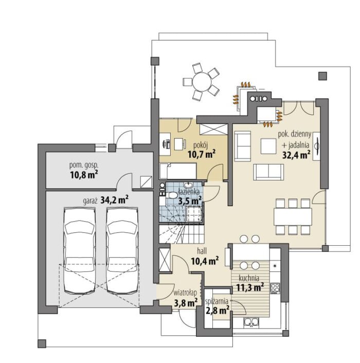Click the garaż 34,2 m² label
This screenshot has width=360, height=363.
point(106,201)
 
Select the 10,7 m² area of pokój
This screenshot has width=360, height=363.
point(202,154)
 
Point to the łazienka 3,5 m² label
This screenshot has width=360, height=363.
point(189,196)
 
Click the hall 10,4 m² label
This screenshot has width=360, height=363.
point(205,257)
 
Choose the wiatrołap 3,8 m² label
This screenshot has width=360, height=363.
point(186,298)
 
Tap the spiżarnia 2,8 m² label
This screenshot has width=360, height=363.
point(217,306)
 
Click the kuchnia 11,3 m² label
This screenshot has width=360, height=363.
point(250,283)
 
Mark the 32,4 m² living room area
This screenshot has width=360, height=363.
point(296,155)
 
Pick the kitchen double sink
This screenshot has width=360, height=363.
point(251,321)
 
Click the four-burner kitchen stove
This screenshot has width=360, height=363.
point(275,288)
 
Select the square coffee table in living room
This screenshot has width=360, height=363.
point(268,146)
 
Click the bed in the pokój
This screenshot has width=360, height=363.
point(178,171)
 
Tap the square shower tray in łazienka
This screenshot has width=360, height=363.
point(194,214)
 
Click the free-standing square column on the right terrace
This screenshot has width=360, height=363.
point(322,76)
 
